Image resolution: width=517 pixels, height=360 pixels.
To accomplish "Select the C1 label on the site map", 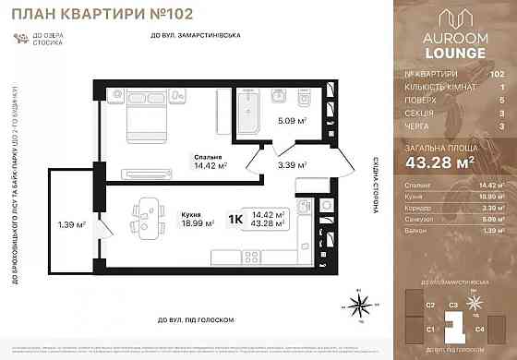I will (x=430, y=328).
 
